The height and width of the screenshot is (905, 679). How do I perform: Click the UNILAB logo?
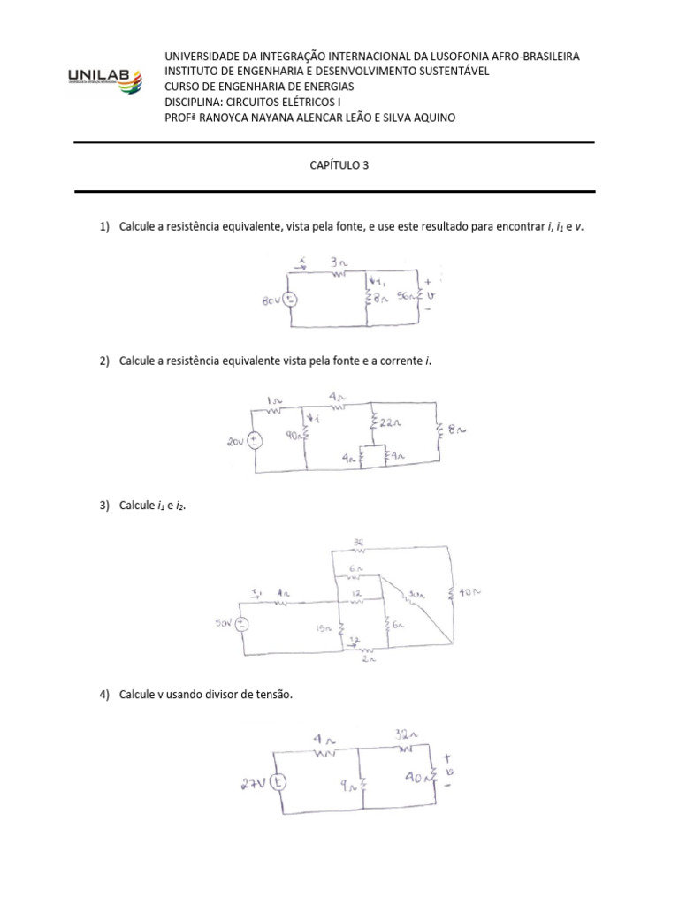click(102, 82)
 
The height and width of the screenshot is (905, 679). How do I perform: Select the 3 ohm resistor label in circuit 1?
click(338, 262)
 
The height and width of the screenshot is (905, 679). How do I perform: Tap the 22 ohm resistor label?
click(390, 422)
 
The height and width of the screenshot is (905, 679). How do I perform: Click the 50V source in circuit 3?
click(241, 624)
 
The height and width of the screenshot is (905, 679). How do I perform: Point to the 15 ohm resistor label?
click(324, 628)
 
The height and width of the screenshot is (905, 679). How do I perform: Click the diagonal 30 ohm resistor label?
click(416, 596)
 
